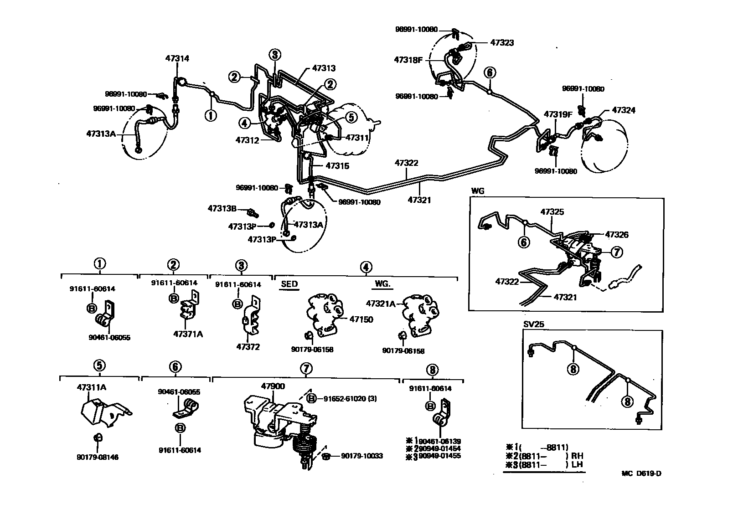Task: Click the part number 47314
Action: (x=177, y=58)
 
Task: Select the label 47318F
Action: (x=409, y=60)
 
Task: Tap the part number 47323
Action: (x=502, y=43)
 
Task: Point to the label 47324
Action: (x=623, y=110)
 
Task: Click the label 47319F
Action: (x=557, y=114)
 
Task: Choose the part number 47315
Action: (x=337, y=166)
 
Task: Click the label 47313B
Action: (x=222, y=209)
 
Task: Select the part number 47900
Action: (x=273, y=386)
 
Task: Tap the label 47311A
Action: (x=92, y=387)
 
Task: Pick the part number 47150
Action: (x=361, y=319)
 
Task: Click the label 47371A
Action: (x=188, y=334)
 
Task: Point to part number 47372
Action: (x=248, y=347)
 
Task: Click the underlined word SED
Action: (x=289, y=284)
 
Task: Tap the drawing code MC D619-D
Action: (x=641, y=473)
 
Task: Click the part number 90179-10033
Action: (x=362, y=456)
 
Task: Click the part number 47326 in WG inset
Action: (x=617, y=235)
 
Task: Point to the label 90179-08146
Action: (x=98, y=457)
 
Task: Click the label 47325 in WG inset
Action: (x=552, y=212)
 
